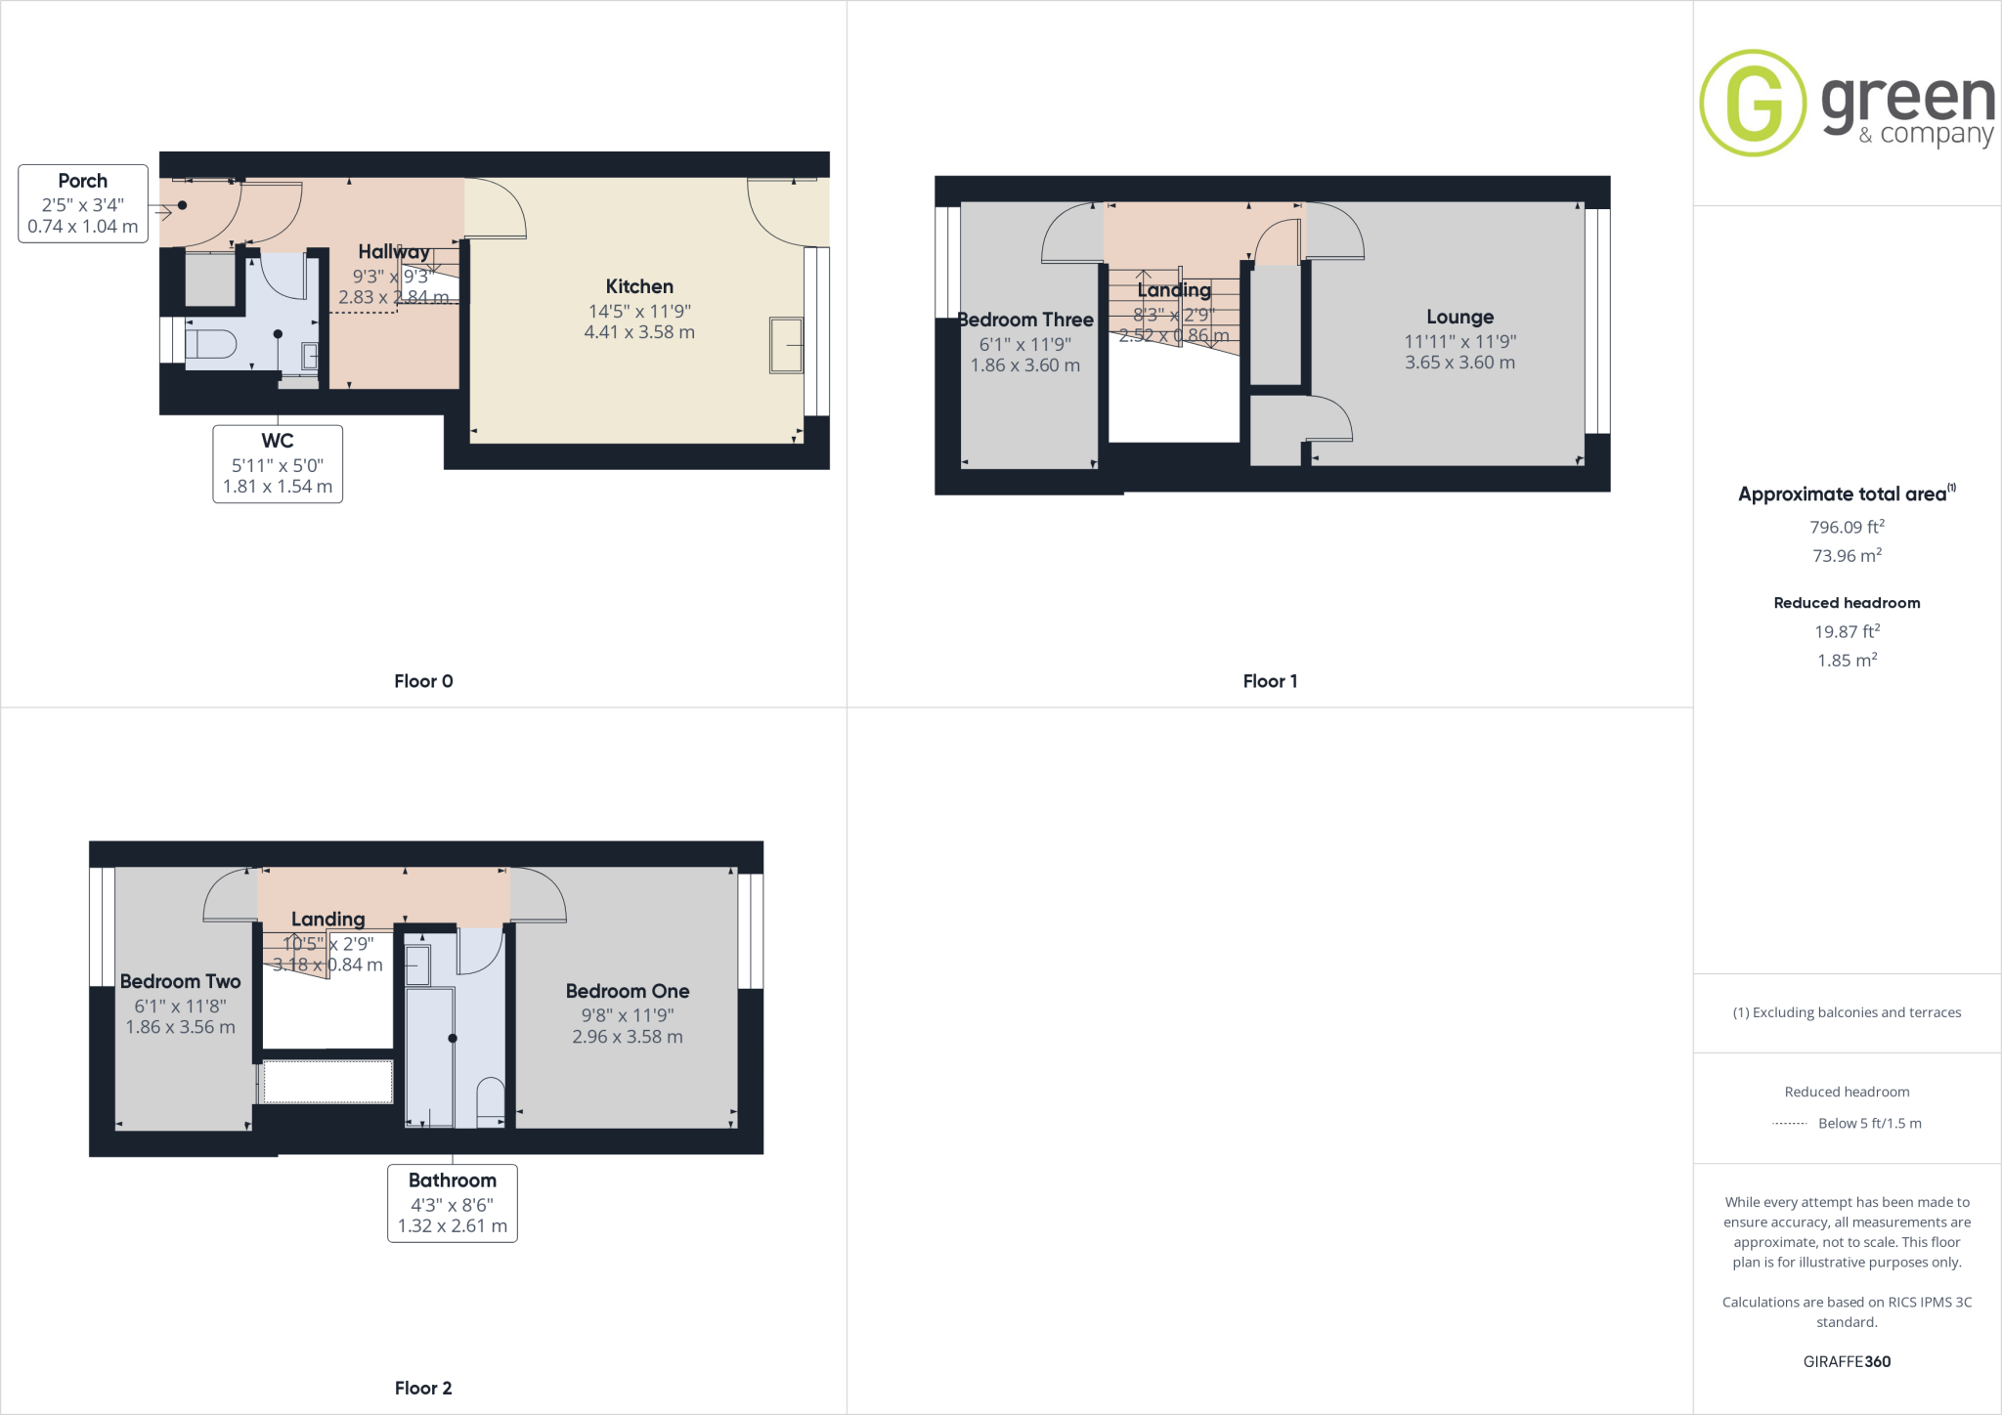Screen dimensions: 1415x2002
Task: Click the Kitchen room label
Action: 639,286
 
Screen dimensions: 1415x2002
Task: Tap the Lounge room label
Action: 1459,317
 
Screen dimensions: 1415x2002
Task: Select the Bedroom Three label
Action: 1025,320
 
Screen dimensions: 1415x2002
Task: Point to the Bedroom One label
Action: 628,991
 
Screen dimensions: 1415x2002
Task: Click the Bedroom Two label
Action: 181,981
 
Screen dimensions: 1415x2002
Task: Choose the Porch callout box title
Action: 83,181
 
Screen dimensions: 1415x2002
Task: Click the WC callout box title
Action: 278,441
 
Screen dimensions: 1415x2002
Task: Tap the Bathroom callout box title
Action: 453,1180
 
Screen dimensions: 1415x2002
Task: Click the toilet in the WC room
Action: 211,345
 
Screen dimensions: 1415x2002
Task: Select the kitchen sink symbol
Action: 786,345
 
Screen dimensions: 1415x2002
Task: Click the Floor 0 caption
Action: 423,681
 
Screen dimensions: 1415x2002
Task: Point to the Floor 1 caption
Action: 1270,681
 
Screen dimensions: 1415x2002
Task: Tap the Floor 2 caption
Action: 423,1388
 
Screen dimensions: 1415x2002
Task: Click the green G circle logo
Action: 1753,104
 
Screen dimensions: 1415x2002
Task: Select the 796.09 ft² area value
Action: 1847,527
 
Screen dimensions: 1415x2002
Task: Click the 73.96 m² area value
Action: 1847,555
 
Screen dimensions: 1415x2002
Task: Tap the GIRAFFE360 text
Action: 1847,1361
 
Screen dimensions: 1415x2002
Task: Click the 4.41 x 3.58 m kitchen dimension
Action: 639,332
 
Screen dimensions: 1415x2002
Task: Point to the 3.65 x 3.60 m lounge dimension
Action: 1459,363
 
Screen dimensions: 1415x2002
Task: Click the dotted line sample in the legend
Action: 1789,1124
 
